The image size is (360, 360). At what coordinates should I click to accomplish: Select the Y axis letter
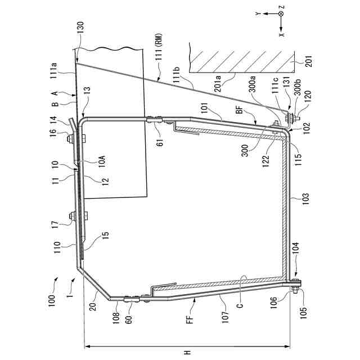pyautogui.click(x=257, y=12)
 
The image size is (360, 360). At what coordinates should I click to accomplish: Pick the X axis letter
pyautogui.click(x=281, y=33)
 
